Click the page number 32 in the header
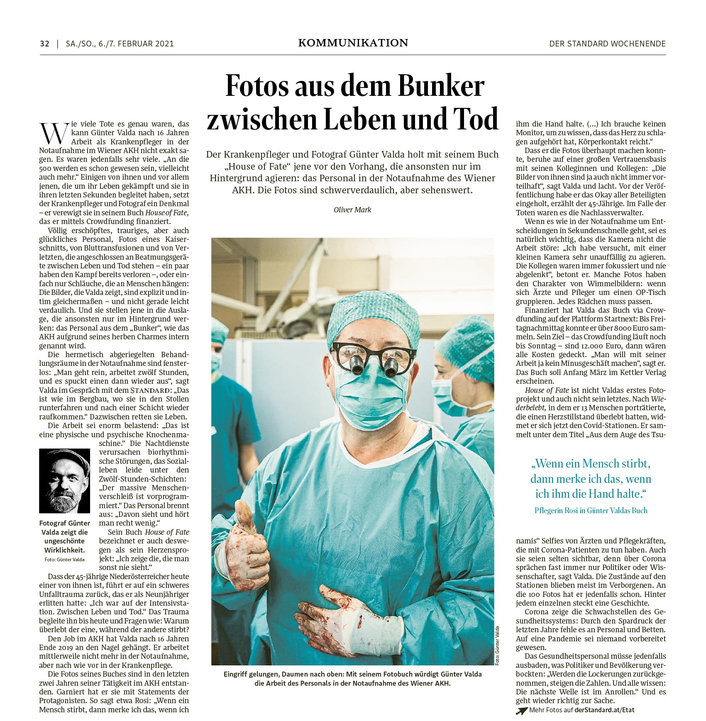44,44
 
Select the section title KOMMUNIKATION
353,43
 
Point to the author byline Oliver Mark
352,209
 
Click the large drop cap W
53,133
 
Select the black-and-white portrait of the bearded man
64,480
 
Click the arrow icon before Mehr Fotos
521,710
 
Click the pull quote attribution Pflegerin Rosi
591,510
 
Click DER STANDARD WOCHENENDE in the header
607,44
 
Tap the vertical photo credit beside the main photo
497,645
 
